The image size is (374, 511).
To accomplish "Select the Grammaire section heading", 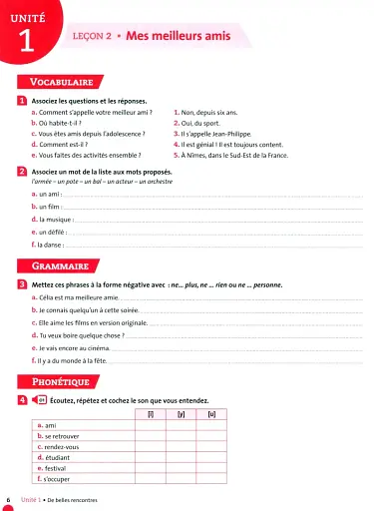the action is [61, 267].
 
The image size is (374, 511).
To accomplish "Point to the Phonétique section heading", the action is [62, 381].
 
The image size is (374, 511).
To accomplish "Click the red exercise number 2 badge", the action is [23, 172].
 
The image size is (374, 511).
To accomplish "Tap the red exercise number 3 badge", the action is [23, 285].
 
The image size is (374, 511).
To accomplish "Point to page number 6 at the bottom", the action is [9, 499].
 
